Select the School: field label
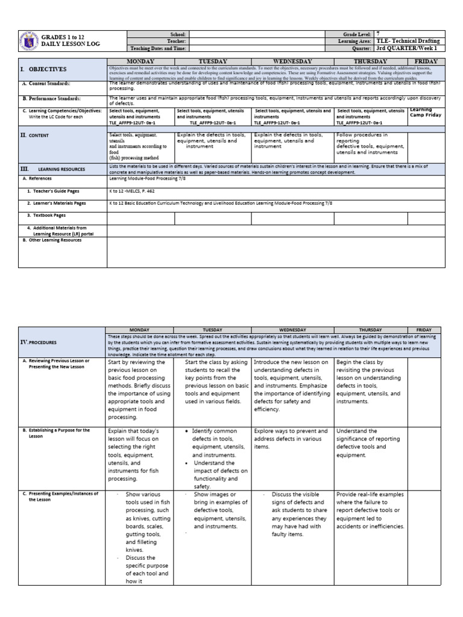[179, 34]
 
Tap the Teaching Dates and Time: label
[159, 48]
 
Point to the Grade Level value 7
[378, 34]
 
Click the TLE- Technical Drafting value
[408, 41]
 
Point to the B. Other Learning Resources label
[52, 240]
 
